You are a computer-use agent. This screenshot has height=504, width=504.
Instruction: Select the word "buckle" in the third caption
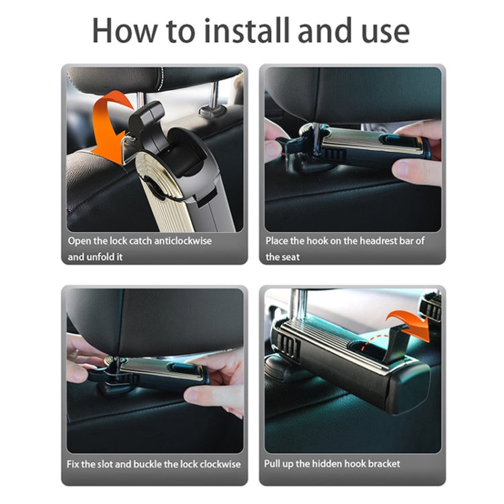[144, 464]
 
